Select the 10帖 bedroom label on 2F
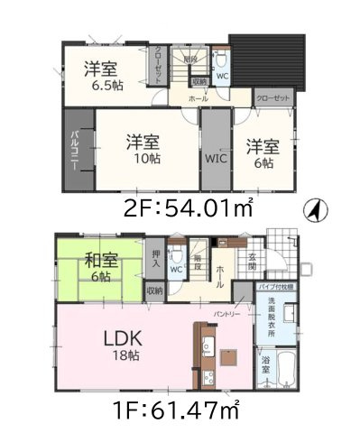click(x=142, y=150)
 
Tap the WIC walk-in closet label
click(x=215, y=159)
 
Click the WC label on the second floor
click(x=222, y=76)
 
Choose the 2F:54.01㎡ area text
click(x=188, y=206)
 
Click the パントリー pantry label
click(x=226, y=313)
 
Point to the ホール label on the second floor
click(x=198, y=97)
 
